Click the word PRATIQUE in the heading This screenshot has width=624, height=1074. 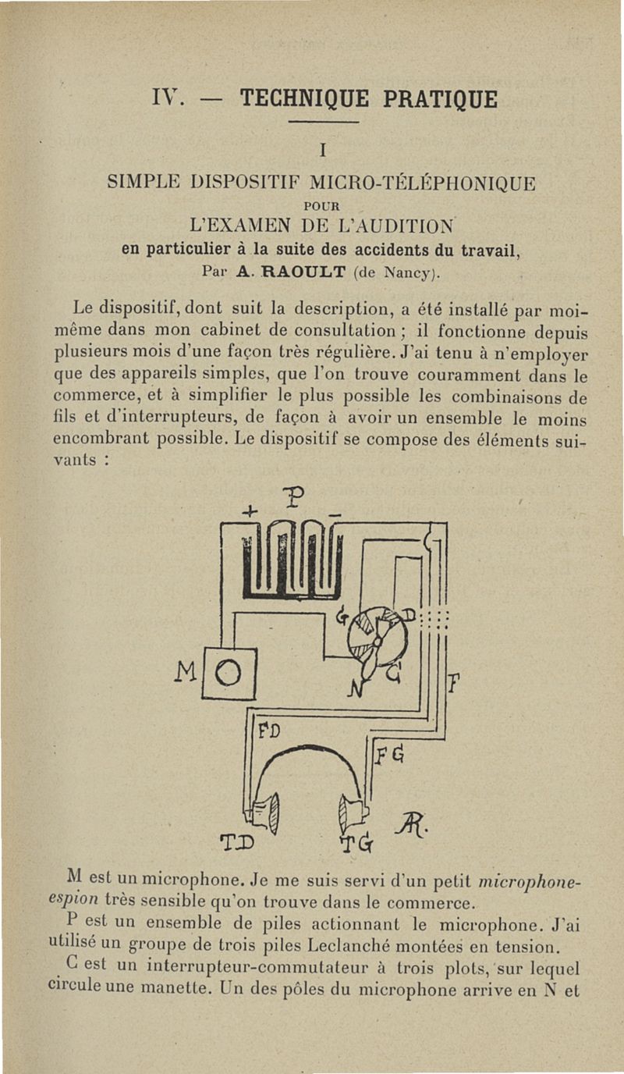(440, 100)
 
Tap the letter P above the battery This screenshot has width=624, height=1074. (293, 496)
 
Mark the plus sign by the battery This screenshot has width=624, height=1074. (249, 512)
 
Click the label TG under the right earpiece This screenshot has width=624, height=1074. (357, 845)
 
